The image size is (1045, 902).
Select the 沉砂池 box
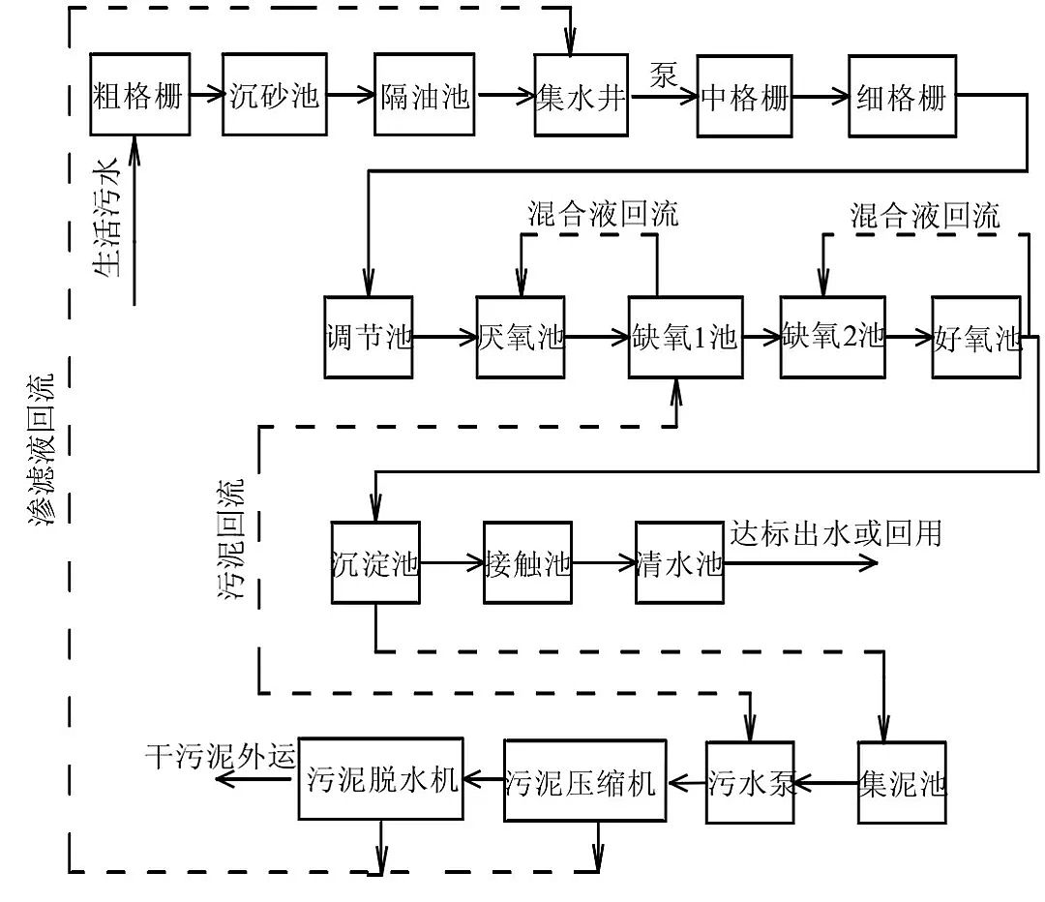tap(275, 95)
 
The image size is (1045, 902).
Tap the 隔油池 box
tap(426, 95)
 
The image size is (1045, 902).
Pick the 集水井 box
tap(582, 95)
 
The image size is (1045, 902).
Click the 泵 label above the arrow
tap(664, 75)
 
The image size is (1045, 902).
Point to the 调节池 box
tap(368, 337)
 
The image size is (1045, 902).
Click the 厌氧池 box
tap(520, 337)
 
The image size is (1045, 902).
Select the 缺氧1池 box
tap(684, 337)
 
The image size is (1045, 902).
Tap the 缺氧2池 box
tap(833, 337)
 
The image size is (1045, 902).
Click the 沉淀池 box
tap(374, 563)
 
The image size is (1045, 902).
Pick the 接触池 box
tap(526, 563)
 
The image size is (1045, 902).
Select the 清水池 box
tap(678, 563)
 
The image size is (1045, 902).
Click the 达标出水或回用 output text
tap(835, 532)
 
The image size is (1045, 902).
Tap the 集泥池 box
tap(901, 782)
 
